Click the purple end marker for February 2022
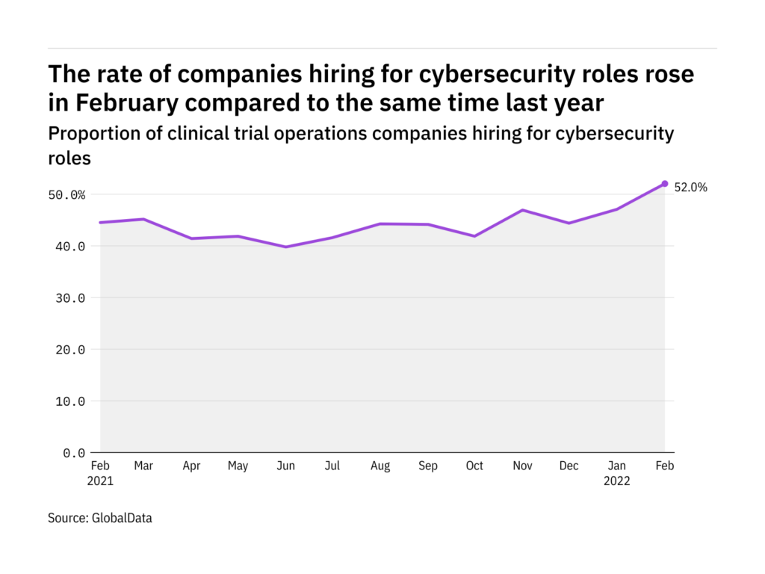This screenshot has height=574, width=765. [x=665, y=184]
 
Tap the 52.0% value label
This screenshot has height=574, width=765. [x=690, y=188]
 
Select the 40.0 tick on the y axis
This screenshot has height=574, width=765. [x=70, y=247]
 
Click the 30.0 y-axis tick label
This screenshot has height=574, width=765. [x=70, y=298]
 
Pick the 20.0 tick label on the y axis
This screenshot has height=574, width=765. [x=70, y=350]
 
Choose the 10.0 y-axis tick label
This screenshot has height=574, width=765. [x=70, y=401]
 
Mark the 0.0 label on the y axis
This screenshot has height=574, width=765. [x=73, y=453]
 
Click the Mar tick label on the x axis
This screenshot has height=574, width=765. [x=143, y=466]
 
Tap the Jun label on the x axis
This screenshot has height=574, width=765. [x=285, y=466]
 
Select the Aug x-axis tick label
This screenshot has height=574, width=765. [x=380, y=466]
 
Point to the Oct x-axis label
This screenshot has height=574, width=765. [x=475, y=466]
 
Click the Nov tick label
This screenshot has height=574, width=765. [x=522, y=466]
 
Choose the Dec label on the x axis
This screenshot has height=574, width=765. [x=569, y=466]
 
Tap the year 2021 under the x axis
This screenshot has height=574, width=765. [x=101, y=481]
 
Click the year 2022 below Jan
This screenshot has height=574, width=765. [x=617, y=481]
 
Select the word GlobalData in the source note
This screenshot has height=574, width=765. [x=123, y=517]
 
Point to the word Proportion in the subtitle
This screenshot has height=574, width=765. [x=85, y=134]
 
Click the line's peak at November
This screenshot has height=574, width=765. [x=522, y=210]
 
